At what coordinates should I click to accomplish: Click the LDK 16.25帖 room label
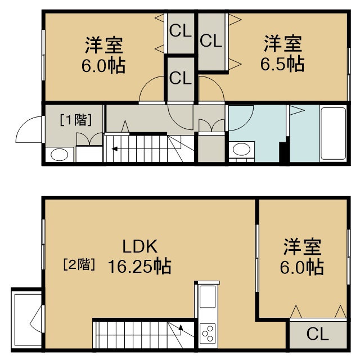point(139,256)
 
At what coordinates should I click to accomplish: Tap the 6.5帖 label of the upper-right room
point(282,64)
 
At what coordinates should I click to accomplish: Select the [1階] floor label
point(76,120)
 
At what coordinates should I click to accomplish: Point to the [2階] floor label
point(79,264)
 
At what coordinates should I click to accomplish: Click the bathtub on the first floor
point(334,133)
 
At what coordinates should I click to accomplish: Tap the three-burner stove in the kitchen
point(208,334)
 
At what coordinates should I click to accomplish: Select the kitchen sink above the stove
point(208,296)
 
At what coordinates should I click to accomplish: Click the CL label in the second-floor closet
point(317,334)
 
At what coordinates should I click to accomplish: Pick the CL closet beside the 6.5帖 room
point(211,42)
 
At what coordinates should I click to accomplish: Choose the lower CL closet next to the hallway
point(181,79)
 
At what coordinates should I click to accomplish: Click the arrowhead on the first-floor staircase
point(114,149)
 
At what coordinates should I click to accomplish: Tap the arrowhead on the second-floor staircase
point(181,327)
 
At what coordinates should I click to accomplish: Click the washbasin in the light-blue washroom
point(241,150)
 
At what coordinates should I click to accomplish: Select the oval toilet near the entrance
point(60,155)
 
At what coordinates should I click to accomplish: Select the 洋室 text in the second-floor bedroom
point(302,247)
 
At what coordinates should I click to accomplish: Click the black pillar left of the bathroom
point(283,152)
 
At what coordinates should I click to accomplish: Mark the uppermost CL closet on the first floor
point(181,33)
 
